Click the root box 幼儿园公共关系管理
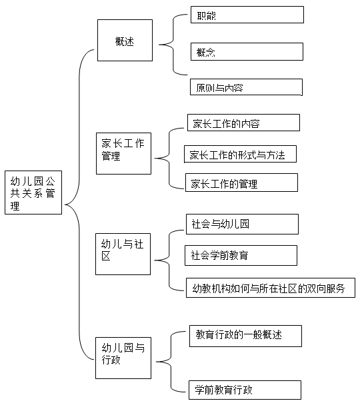click(x=33, y=193)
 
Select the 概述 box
click(x=125, y=40)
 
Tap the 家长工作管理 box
click(x=123, y=153)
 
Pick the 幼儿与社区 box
click(x=123, y=254)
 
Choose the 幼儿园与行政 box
click(x=123, y=358)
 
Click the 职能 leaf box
click(x=247, y=15)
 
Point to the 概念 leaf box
click(x=247, y=52)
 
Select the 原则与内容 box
click(x=246, y=87)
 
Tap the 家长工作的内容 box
click(x=243, y=123)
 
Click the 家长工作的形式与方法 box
click(x=240, y=154)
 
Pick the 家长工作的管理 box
click(x=241, y=183)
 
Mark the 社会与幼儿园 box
click(x=243, y=224)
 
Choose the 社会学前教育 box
click(x=241, y=255)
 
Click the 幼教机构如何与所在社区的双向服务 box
click(x=271, y=288)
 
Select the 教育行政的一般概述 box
click(x=246, y=336)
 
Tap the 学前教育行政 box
click(x=245, y=390)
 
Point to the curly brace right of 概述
click(x=173, y=45)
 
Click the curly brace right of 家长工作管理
click(x=169, y=158)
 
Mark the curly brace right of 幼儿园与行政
click(x=171, y=362)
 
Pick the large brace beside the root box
click(x=79, y=204)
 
